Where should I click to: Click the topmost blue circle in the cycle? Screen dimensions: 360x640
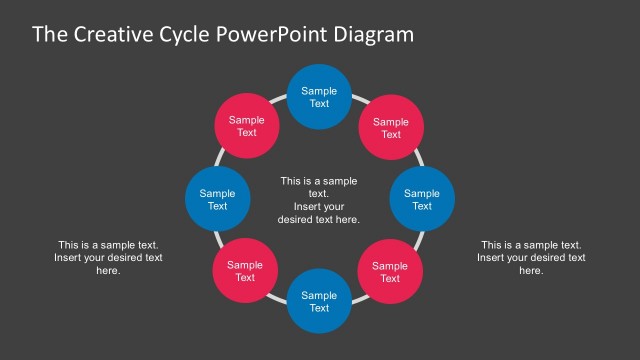[319, 97]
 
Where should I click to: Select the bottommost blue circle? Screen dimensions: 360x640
[319, 301]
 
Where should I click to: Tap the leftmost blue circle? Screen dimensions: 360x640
[217, 199]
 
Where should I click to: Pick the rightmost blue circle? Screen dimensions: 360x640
[421, 199]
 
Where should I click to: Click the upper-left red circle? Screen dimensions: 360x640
[246, 126]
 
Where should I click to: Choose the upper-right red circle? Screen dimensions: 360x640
[391, 127]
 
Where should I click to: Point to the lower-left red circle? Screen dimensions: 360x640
[245, 271]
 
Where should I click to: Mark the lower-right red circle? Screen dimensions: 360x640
[390, 271]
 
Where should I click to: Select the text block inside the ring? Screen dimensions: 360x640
[319, 200]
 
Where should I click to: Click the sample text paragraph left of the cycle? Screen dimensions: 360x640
[108, 257]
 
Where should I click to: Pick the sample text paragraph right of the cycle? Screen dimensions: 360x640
[531, 257]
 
